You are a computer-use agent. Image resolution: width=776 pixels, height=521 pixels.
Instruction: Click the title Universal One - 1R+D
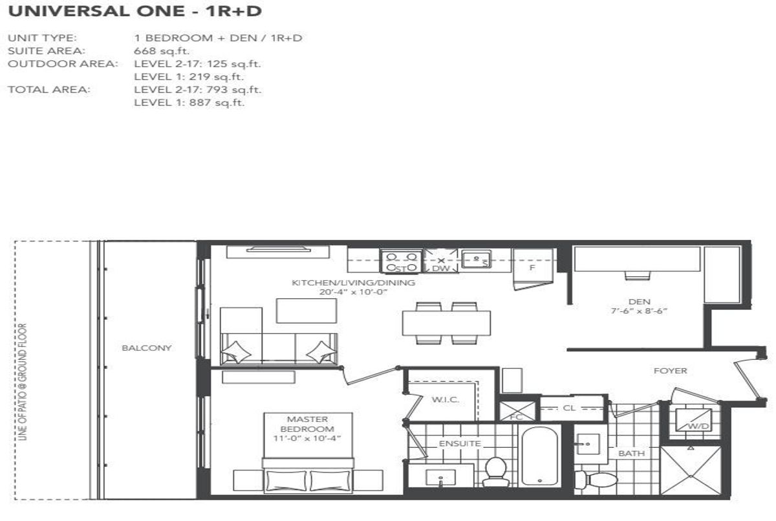(x=135, y=12)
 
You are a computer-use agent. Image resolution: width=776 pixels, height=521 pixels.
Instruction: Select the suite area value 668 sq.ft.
(x=162, y=51)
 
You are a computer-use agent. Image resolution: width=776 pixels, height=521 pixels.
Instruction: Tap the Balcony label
(x=147, y=348)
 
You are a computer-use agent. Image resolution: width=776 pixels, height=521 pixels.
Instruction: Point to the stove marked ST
(x=401, y=261)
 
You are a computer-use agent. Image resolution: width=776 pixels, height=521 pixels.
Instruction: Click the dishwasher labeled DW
(x=440, y=261)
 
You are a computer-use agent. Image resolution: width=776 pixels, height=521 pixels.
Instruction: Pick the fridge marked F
(x=532, y=269)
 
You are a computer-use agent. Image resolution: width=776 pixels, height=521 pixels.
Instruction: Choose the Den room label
(x=639, y=301)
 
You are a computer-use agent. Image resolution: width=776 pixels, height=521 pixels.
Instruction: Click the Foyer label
(x=671, y=371)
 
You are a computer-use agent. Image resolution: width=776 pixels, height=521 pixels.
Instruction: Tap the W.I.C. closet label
(x=446, y=399)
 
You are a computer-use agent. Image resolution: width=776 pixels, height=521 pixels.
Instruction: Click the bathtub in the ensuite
(x=539, y=456)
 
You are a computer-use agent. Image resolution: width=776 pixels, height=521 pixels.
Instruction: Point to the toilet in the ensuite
(x=496, y=472)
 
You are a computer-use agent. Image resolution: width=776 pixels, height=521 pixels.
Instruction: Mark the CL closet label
(x=569, y=408)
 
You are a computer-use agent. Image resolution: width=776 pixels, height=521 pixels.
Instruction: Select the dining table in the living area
(x=446, y=323)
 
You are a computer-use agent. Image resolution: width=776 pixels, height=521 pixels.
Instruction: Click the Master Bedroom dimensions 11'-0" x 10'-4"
(x=307, y=438)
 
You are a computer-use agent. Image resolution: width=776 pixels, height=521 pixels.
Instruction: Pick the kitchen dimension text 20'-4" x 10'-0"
(x=353, y=292)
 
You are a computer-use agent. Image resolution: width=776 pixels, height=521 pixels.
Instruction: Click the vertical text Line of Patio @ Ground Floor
(x=23, y=382)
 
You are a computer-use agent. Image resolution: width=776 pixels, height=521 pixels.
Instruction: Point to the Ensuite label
(x=460, y=443)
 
